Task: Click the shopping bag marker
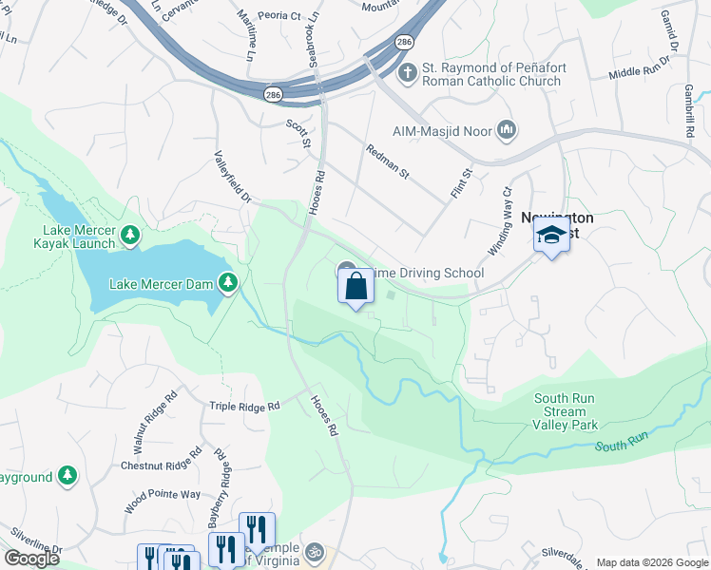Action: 355,286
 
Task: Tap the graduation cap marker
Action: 551,236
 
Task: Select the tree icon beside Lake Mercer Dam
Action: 227,283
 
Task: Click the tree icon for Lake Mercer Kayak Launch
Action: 130,234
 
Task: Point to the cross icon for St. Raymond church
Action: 406,72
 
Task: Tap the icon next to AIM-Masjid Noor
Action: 506,129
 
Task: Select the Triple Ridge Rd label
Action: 244,406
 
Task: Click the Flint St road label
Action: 461,184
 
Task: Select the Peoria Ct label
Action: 280,16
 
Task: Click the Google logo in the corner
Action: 31,559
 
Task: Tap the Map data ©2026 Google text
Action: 651,562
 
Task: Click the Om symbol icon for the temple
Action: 315,551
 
